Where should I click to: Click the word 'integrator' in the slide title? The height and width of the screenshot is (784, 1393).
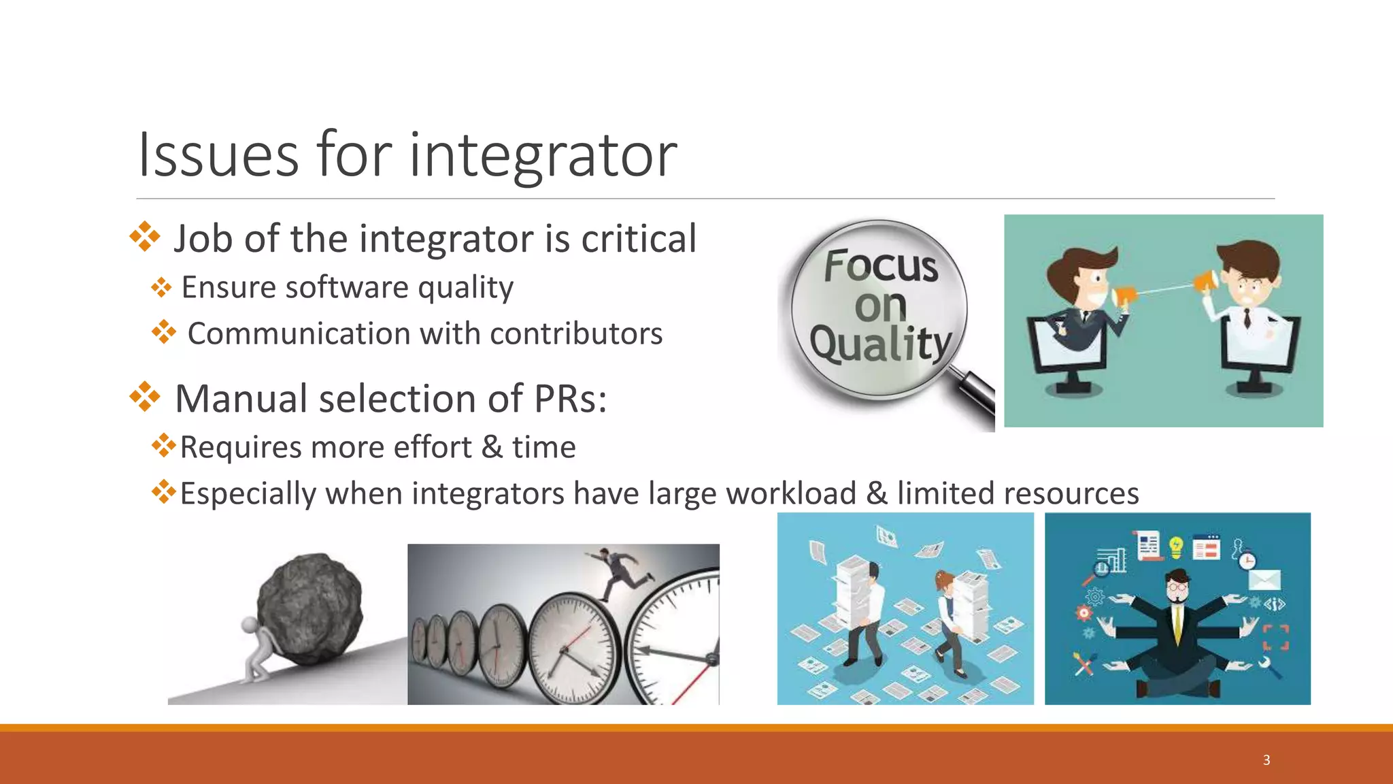tap(543, 155)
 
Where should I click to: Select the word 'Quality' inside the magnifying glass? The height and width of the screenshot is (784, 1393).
tap(880, 343)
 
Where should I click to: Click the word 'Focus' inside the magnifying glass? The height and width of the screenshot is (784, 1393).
tap(881, 265)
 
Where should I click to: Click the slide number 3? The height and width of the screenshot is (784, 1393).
tap(1266, 760)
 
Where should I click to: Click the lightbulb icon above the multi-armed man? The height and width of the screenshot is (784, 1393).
tap(1176, 547)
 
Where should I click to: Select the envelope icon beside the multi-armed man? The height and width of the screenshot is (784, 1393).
tap(1264, 580)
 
